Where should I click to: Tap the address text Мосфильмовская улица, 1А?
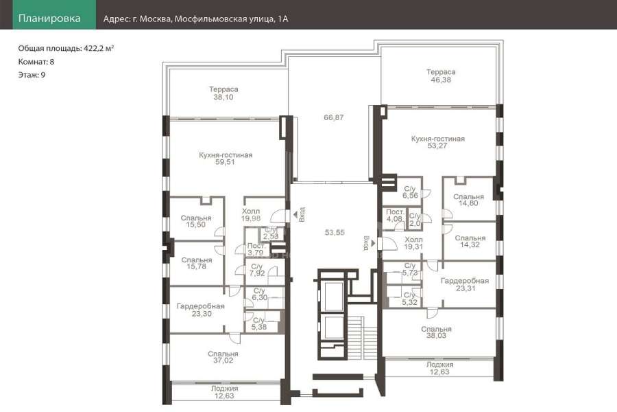point(232,19)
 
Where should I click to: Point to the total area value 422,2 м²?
point(99,49)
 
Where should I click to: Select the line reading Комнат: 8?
point(36,62)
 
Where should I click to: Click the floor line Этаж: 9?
point(32,75)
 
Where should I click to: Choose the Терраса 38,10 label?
point(223,93)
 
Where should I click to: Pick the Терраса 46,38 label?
point(441,76)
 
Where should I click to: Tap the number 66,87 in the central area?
point(334,117)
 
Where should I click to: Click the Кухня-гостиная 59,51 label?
point(226,159)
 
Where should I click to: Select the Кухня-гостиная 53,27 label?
point(437,142)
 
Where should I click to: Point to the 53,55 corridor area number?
point(335,233)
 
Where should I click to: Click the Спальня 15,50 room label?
point(196,221)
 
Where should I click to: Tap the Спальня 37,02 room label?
point(223,357)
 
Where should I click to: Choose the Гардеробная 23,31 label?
point(465,285)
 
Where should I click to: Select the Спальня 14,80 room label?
point(468,200)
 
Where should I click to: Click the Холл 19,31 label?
point(413,243)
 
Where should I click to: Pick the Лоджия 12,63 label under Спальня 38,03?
point(439,368)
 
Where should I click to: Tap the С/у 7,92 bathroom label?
point(257,270)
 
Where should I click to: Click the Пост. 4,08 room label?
point(395,215)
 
